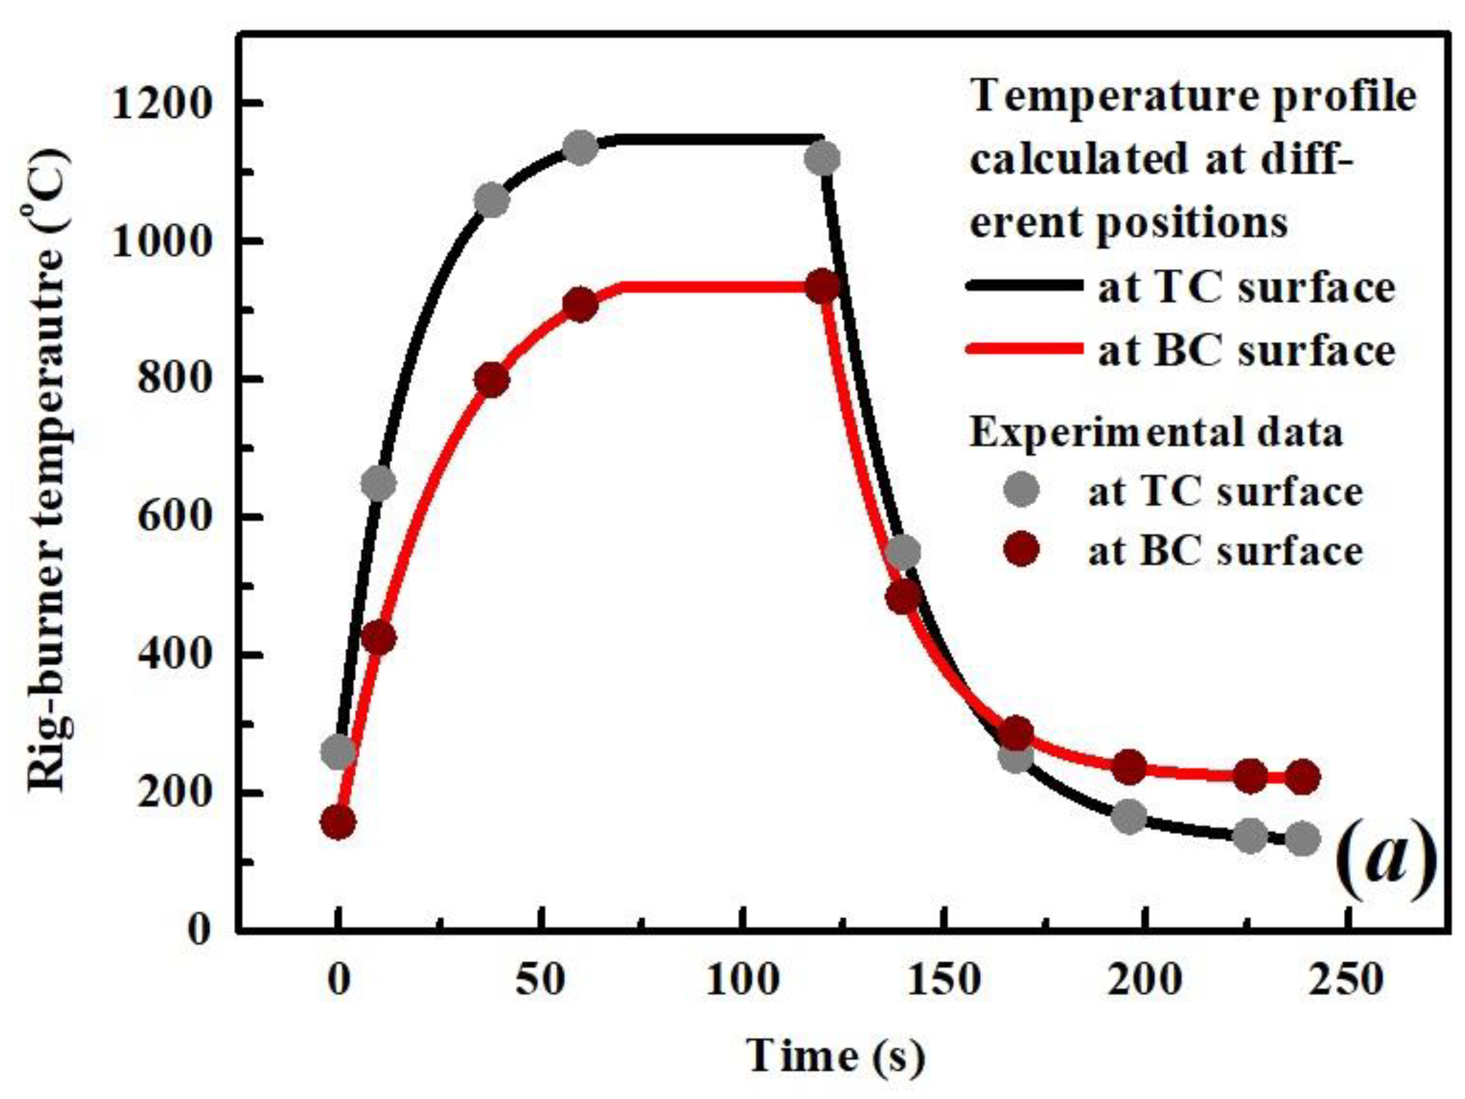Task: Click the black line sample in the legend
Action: click(1023, 286)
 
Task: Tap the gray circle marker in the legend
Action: click(1021, 490)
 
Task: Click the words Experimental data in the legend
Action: click(1155, 432)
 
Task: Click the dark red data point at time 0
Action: click(338, 823)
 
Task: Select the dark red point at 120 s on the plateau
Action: click(823, 287)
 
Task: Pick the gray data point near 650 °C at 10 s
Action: click(378, 484)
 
